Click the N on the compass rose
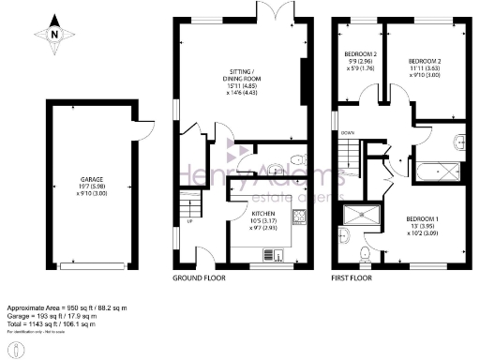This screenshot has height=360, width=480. (54, 35)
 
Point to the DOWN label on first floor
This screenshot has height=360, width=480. (347, 133)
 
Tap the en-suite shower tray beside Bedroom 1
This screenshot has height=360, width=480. (358, 216)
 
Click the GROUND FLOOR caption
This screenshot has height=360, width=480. (199, 279)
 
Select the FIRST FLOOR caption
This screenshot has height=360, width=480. (352, 279)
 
